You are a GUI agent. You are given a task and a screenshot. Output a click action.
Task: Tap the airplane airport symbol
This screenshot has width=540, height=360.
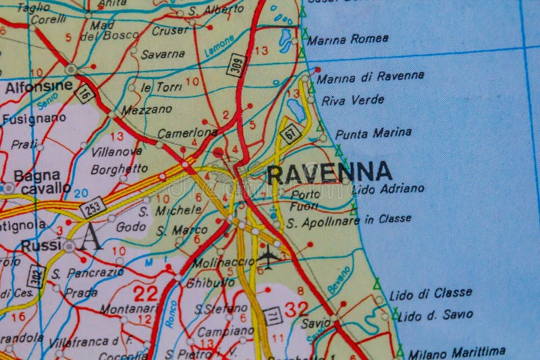click(x=268, y=257)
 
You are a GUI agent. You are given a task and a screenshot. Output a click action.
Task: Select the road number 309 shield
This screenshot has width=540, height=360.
click(x=236, y=64)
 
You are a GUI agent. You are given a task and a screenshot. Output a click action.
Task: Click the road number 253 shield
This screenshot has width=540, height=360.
click(x=93, y=207)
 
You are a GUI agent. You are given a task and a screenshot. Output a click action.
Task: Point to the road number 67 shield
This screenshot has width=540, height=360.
click(x=290, y=133)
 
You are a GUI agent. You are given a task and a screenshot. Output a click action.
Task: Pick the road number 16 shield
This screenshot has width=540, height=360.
click(x=84, y=94)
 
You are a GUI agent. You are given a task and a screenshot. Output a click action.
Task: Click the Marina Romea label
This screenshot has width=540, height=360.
click(x=348, y=39)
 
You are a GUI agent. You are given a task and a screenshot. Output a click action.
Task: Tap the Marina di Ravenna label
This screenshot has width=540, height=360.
click(x=371, y=77)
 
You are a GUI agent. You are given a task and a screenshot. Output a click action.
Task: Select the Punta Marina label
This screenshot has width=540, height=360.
click(x=373, y=133)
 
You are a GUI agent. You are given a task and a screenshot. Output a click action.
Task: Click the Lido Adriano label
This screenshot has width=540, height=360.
click(x=388, y=189)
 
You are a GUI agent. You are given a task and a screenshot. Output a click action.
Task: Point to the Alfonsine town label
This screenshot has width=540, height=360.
click(x=38, y=87)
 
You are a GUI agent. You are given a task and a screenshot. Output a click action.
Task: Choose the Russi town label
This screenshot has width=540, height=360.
click(x=41, y=246)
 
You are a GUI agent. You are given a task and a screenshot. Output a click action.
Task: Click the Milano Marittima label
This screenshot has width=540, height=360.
click(x=456, y=353)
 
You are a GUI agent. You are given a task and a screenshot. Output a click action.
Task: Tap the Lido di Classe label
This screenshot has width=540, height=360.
click(x=431, y=293)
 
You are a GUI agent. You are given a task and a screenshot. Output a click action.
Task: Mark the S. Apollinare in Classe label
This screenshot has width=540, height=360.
click(x=348, y=220)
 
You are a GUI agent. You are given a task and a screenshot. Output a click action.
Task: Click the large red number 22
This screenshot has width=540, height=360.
click(x=146, y=293)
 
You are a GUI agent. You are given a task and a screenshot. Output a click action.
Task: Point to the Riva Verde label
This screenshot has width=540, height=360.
click(x=352, y=101)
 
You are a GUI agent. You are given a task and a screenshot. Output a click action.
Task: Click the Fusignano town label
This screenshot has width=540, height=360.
click(x=34, y=119)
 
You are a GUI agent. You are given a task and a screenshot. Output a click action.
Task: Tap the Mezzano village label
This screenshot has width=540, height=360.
click(x=146, y=109)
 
